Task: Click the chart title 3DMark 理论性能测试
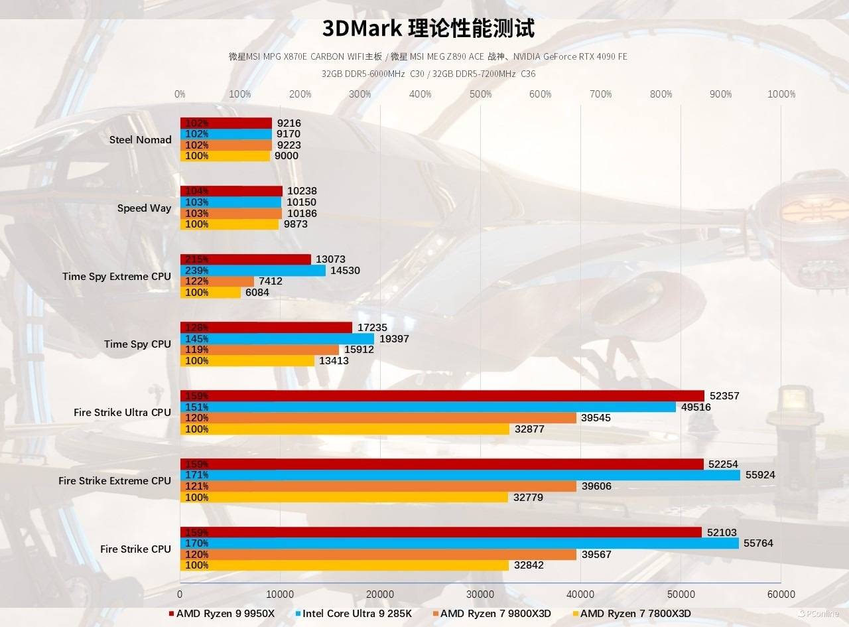coord(428,28)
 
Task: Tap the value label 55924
coord(760,475)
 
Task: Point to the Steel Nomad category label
coord(140,139)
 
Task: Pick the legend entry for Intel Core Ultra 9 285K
coord(358,613)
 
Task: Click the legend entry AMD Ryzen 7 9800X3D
coord(495,613)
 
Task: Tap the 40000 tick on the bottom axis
coord(580,594)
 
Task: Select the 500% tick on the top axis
coord(480,94)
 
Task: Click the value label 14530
coord(346,271)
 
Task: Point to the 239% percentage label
coord(196,271)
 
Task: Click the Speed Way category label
coord(144,208)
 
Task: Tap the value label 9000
coord(287,156)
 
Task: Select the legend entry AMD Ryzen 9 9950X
coord(225,613)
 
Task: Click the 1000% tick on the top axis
coord(781,94)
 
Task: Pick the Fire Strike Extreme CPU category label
coord(114,480)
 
